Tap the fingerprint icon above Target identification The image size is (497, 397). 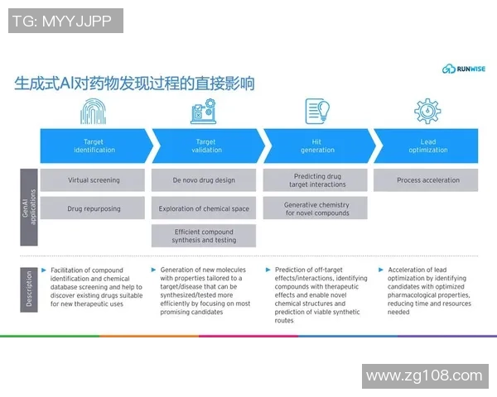click(94, 111)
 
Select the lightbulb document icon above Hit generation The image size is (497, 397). click(316, 111)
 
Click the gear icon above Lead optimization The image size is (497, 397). click(427, 111)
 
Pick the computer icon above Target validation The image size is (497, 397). click(204, 111)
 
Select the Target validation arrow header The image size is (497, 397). click(205, 146)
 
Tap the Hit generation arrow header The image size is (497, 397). click(317, 146)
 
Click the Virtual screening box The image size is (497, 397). click(94, 179)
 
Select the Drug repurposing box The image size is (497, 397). click(94, 208)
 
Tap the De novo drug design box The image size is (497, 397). click(204, 179)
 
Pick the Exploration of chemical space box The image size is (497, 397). click(204, 208)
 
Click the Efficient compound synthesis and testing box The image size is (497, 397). click(204, 236)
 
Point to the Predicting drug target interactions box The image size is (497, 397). click(316, 179)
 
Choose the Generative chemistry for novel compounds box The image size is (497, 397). click(316, 208)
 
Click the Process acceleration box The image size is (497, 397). click(427, 179)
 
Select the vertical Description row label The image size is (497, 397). click(29, 289)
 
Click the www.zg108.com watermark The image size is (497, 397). click(424, 376)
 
